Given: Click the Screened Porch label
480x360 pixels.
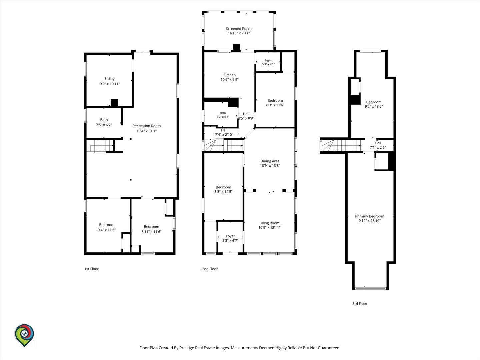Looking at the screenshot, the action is click(239, 29).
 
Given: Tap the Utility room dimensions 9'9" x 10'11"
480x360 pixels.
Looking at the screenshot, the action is click(110, 84).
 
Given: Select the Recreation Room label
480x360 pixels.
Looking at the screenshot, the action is click(147, 126).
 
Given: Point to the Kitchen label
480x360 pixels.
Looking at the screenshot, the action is click(229, 75).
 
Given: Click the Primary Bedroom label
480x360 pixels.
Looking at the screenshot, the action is click(370, 216).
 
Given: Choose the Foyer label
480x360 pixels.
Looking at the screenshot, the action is click(230, 236).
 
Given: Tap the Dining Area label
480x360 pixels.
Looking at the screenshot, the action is click(270, 161).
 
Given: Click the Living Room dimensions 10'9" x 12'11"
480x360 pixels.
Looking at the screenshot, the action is click(269, 227).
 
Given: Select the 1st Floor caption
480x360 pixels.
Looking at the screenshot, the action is click(91, 269).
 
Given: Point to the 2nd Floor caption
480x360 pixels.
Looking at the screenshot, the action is click(210, 269).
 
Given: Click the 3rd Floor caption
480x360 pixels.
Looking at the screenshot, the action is click(360, 304).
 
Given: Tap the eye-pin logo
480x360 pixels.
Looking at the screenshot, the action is click(24, 335).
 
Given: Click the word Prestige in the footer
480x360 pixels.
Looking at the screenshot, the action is click(187, 348).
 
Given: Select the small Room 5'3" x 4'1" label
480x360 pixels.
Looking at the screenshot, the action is click(268, 62).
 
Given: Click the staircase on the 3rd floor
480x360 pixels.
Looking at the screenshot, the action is click(340, 146).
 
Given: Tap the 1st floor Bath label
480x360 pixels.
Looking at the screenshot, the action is click(104, 120).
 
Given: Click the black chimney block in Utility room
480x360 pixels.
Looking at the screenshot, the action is click(114, 103).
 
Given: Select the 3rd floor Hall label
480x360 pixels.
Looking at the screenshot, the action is click(378, 143).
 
